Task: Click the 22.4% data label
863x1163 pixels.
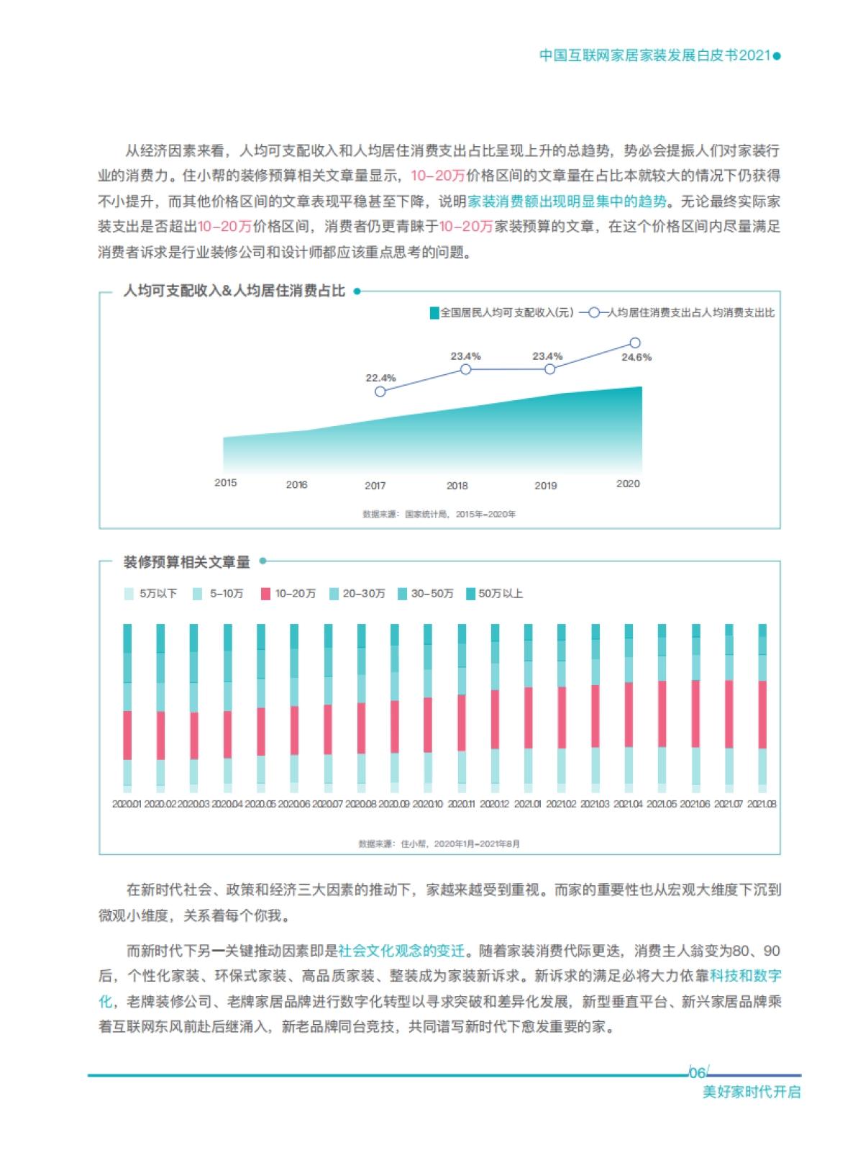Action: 380,378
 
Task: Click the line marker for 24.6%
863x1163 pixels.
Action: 635,343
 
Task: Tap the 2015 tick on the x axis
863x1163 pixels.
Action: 225,483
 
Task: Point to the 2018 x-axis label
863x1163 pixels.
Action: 457,486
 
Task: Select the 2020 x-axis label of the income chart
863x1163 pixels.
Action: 628,484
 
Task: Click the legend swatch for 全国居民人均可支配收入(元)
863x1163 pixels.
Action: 434,312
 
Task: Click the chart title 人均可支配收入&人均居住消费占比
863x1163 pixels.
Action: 234,291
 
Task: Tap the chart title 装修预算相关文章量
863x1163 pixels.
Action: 187,562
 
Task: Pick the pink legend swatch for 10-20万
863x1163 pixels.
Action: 265,594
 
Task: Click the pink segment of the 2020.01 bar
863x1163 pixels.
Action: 127,735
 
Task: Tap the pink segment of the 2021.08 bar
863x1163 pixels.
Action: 762,714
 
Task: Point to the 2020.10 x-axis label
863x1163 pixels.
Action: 428,804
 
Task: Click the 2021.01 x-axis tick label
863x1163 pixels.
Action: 528,804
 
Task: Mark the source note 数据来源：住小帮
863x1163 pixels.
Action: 439,843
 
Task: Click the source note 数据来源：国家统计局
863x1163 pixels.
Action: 439,515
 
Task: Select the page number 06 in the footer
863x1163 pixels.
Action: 697,1073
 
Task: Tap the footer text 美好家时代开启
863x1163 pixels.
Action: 751,1092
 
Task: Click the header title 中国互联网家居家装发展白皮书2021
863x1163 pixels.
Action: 654,55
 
